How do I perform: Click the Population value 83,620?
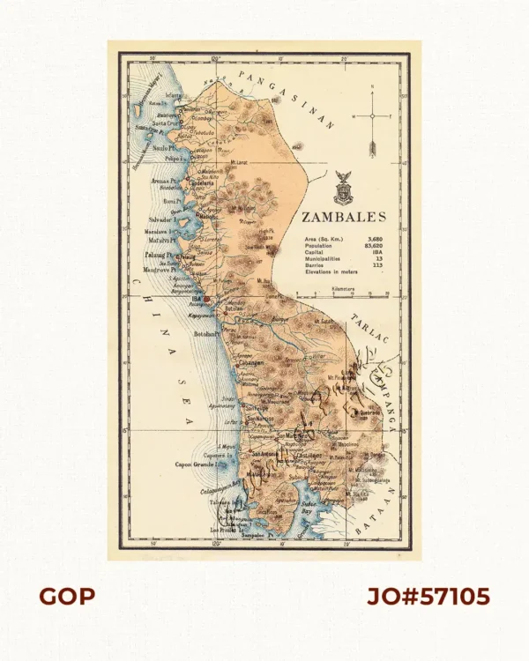(x=373, y=245)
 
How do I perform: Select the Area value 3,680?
(x=375, y=239)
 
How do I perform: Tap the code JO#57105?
(x=428, y=598)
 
